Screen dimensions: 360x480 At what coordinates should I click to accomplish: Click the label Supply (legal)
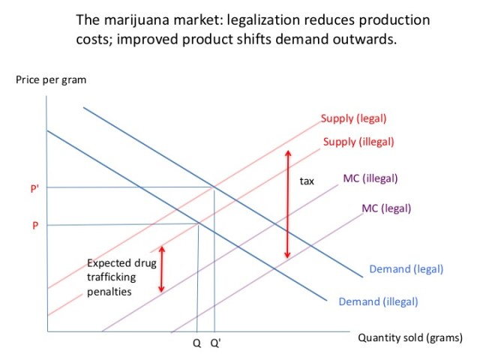[x=353, y=118]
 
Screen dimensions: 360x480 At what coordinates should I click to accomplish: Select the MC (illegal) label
[x=370, y=178]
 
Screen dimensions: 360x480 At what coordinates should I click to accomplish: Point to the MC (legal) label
[x=386, y=208]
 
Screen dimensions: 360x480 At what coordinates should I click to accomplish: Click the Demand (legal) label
[x=406, y=268]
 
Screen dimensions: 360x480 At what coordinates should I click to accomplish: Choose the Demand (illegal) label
[x=378, y=301]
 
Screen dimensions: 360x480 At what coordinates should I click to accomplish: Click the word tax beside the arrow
[x=307, y=181]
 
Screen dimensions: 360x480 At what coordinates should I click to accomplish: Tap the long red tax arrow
[x=286, y=205]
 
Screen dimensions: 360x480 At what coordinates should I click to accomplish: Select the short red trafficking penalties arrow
[x=161, y=268]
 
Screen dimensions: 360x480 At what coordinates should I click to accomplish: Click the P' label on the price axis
[x=34, y=189]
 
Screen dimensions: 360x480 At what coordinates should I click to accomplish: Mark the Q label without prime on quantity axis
[x=196, y=344]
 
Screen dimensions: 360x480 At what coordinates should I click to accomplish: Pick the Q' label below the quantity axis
[x=215, y=344]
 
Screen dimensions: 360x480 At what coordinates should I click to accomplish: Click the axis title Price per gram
[x=50, y=80]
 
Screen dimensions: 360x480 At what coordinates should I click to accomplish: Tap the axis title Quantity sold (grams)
[x=409, y=338]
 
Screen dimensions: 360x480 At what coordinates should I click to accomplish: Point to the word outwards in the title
[x=364, y=38]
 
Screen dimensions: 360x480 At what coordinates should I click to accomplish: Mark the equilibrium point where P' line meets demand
[x=214, y=187]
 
